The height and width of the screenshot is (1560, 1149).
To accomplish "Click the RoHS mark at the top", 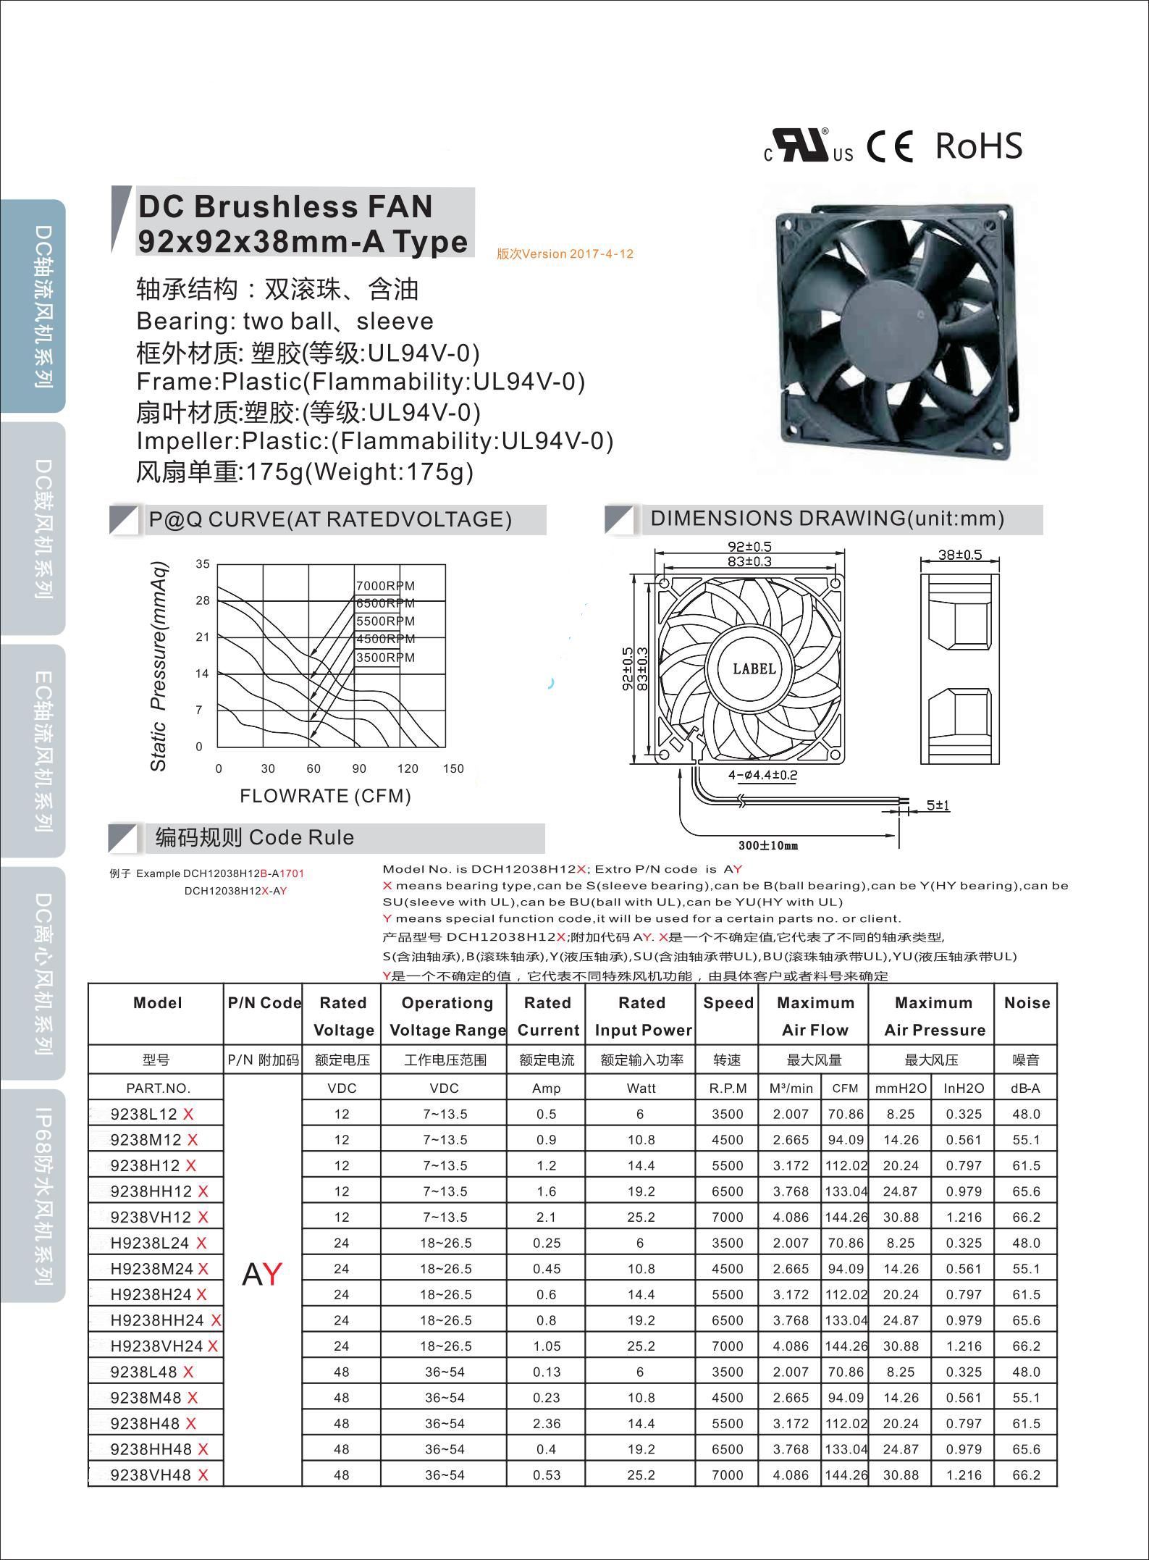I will coord(978,146).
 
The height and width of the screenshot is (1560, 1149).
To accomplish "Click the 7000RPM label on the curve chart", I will coord(385,586).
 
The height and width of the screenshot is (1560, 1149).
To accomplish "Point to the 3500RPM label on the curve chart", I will coord(385,658).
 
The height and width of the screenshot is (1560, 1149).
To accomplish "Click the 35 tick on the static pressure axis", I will coord(203,564).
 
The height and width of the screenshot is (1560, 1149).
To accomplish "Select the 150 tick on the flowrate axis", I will coord(453,768).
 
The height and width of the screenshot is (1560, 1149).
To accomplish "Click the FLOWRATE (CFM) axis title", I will coord(325,796).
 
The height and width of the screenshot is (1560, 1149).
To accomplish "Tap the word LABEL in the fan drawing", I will coord(754,668).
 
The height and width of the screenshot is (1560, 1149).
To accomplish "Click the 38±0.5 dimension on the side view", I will coord(960,555).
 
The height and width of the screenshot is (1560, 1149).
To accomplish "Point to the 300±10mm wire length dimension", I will coord(768,845).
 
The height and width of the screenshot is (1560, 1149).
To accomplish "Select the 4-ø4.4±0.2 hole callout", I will coord(762,775).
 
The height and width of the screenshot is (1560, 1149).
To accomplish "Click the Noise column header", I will coord(1027,1003).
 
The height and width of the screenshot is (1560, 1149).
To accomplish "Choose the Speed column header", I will coord(728,1003).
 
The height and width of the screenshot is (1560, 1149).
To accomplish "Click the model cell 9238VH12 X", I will coord(159,1217).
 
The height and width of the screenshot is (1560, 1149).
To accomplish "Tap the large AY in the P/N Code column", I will coord(262,1275).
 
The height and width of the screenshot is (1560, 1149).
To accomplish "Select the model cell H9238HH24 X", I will coord(165,1320).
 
